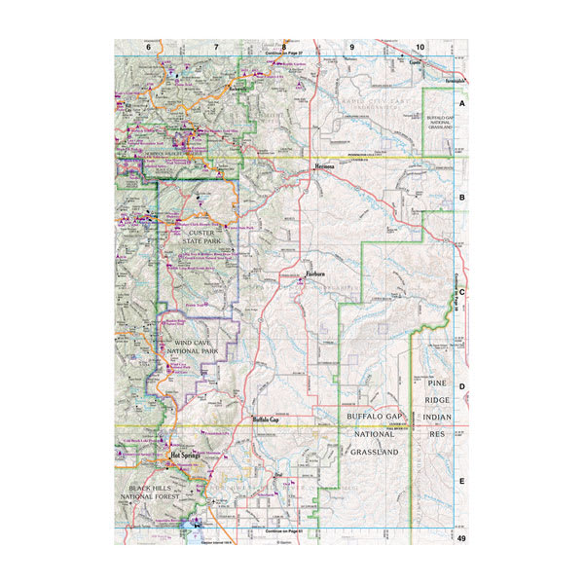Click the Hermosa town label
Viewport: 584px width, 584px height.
(x=324, y=166)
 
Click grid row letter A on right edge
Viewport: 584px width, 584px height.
(x=462, y=102)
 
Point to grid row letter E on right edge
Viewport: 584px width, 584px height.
(x=462, y=481)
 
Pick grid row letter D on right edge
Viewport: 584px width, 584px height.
(x=462, y=386)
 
